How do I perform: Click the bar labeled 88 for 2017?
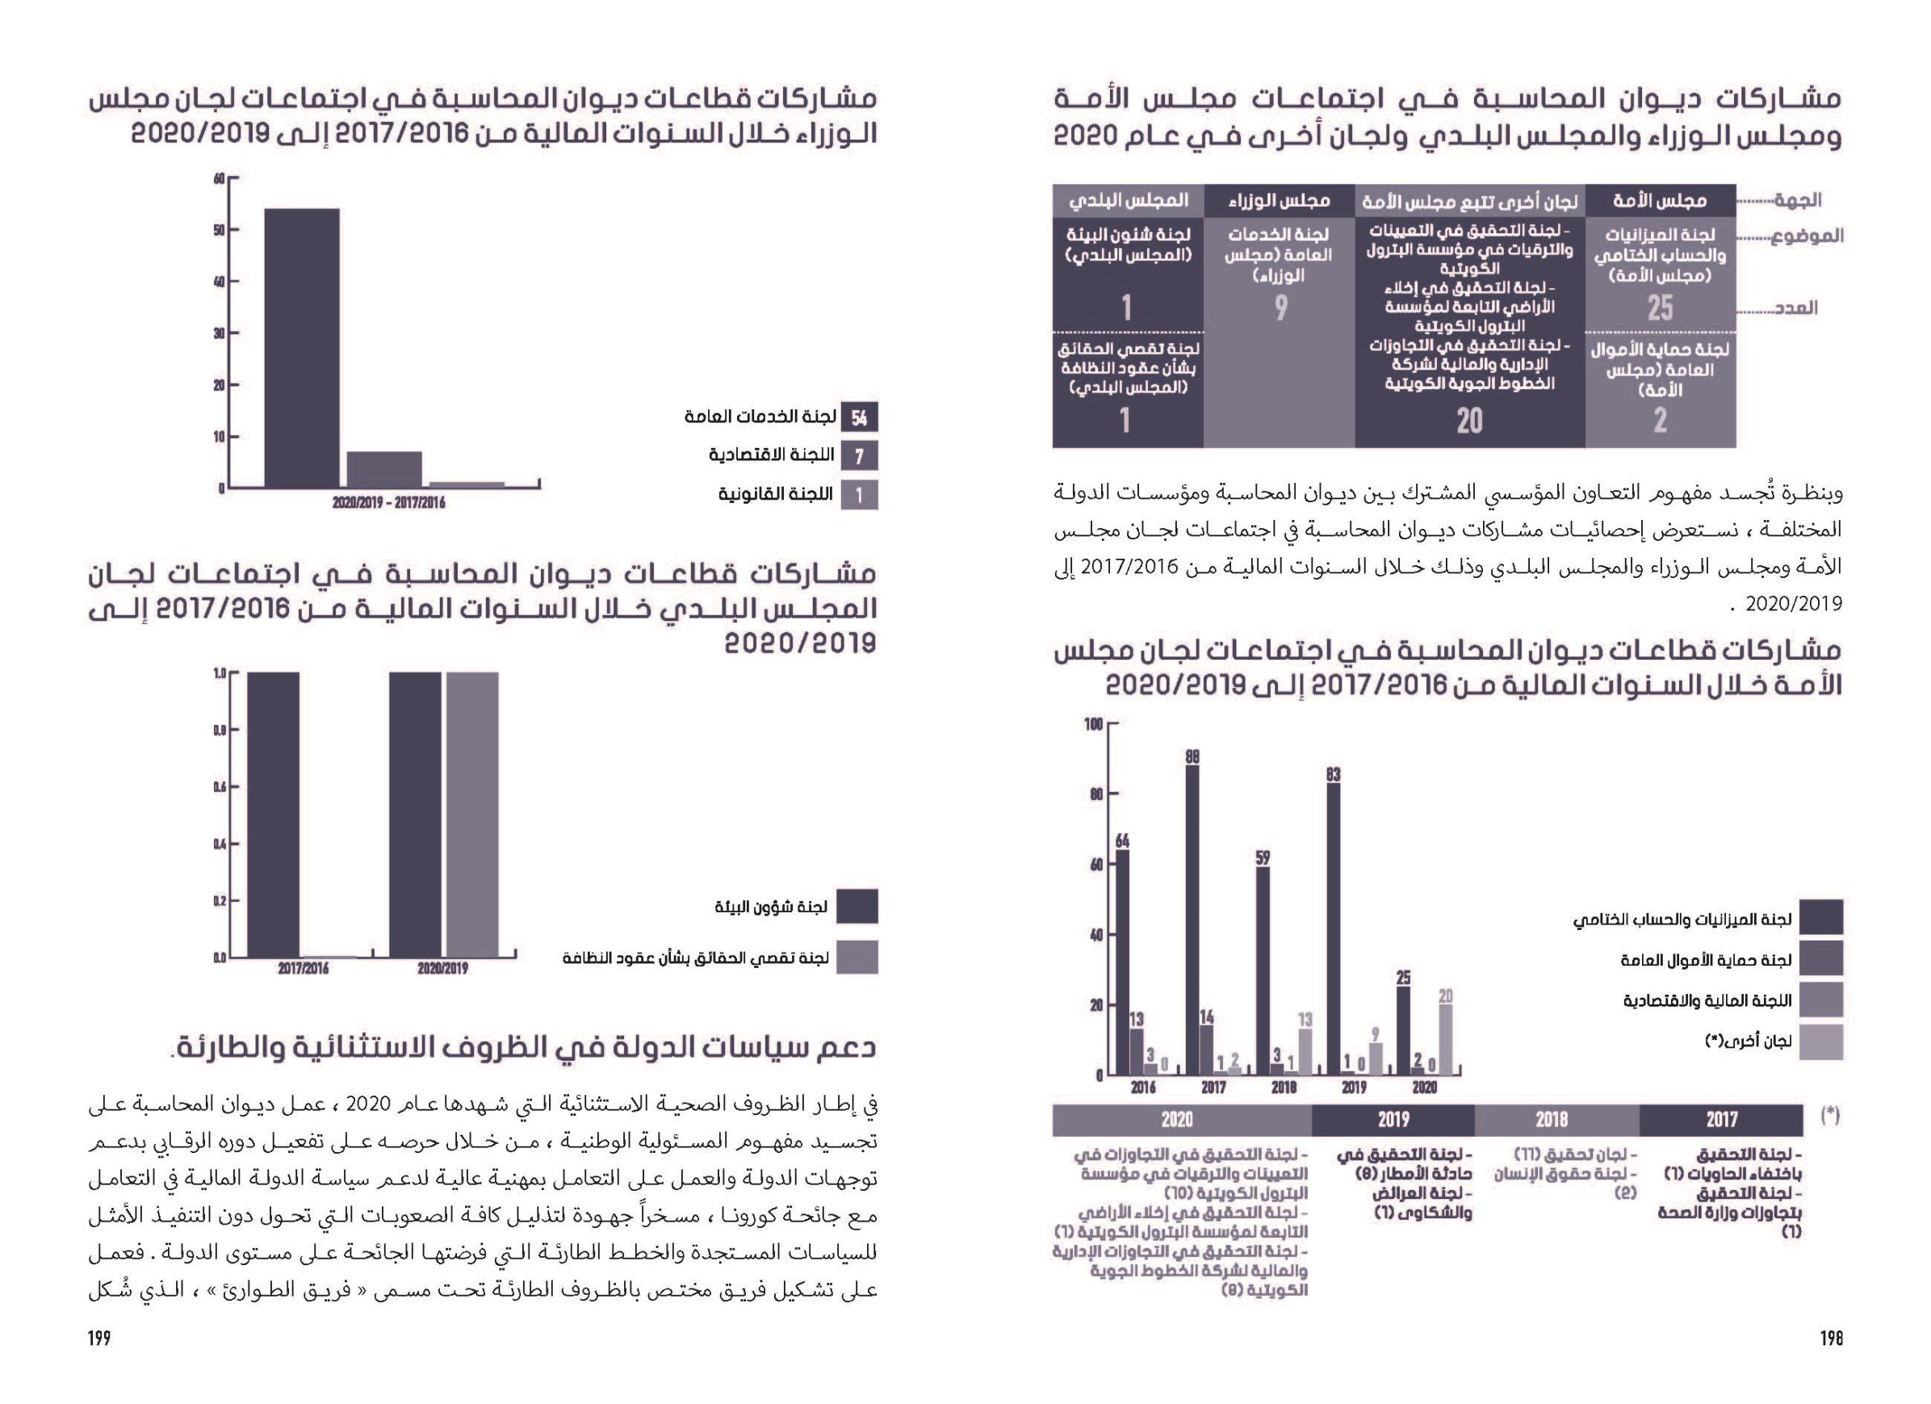(1193, 920)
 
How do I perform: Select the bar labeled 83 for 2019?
(1334, 928)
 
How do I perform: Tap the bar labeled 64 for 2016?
(1122, 962)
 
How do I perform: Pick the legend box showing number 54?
(859, 417)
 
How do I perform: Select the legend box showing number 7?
(859, 456)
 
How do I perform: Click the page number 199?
(99, 1339)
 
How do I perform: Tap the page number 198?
(1832, 1339)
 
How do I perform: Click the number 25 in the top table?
(1660, 308)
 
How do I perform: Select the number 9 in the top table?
(1280, 308)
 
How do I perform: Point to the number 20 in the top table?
(1469, 421)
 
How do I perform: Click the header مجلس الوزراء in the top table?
(1280, 201)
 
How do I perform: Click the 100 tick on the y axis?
(1092, 724)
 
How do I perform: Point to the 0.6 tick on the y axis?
(220, 787)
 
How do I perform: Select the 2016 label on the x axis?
(1142, 1088)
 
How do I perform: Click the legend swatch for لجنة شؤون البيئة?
(857, 907)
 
